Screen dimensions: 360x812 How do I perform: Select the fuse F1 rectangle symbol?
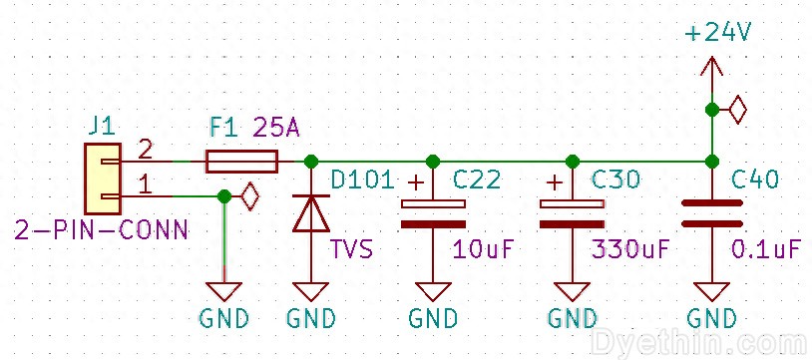pyautogui.click(x=240, y=161)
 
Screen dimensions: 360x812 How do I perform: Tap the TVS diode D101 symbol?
pyautogui.click(x=310, y=213)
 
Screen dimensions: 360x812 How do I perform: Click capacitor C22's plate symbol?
pyautogui.click(x=432, y=213)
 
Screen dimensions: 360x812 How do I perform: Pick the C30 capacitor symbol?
pyautogui.click(x=572, y=213)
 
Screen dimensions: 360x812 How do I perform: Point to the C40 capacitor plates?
pyautogui.click(x=711, y=212)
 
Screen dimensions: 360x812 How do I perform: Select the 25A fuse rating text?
pyautogui.click(x=276, y=128)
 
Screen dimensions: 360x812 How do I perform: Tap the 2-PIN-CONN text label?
pyautogui.click(x=101, y=231)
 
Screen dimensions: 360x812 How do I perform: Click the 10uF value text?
pyautogui.click(x=483, y=248)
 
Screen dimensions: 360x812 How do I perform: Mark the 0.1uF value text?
pyautogui.click(x=765, y=248)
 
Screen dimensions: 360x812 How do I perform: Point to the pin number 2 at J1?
pyautogui.click(x=145, y=150)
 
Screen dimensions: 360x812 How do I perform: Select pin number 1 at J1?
pyautogui.click(x=145, y=184)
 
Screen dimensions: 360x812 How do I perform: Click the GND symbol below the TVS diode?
pyautogui.click(x=310, y=291)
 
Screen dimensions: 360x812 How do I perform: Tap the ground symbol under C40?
pyautogui.click(x=711, y=291)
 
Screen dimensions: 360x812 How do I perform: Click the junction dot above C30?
pyautogui.click(x=572, y=161)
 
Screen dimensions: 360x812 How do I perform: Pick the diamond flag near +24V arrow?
pyautogui.click(x=738, y=109)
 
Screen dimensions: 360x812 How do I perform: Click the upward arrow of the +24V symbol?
pyautogui.click(x=710, y=68)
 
